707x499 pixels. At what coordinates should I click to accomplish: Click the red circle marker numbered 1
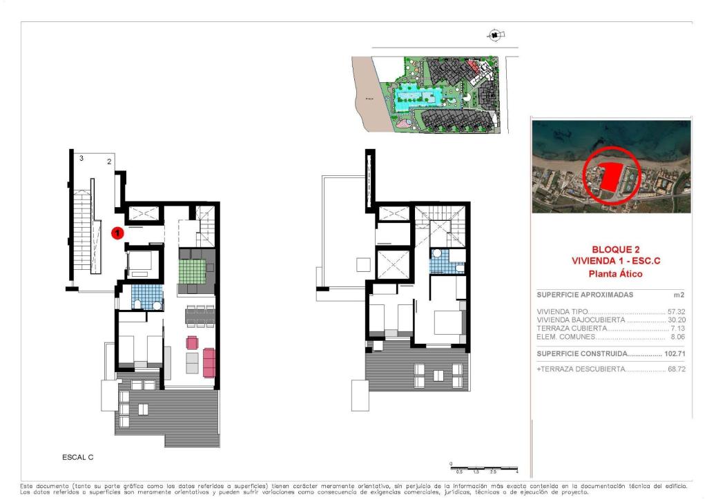118,233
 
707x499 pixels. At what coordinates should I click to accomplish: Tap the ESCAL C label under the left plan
77,457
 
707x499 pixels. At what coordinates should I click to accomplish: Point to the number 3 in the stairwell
81,159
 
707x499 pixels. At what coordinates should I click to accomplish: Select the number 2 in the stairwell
109,162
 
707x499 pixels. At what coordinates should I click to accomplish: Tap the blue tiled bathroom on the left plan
146,297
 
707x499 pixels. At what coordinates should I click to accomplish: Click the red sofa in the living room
209,362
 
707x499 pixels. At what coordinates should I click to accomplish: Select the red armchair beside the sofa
192,342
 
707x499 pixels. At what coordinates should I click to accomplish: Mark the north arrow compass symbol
494,35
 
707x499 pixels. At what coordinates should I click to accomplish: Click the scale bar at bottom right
483,468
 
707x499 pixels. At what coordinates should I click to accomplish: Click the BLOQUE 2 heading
615,249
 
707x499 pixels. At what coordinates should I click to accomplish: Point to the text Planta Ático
615,274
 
